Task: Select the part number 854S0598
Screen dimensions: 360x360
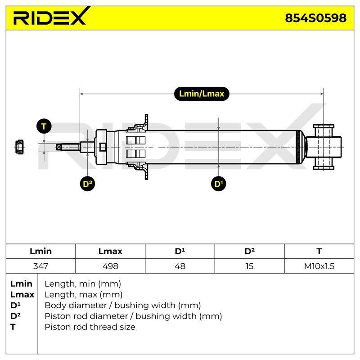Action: (x=316, y=18)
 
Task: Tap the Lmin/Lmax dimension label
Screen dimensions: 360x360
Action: (x=202, y=94)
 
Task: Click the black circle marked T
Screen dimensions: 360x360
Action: (x=44, y=126)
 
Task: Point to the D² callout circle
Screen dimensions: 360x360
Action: (x=87, y=184)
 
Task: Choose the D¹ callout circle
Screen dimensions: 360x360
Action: (x=219, y=184)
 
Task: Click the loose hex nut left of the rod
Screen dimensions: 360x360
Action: (x=19, y=147)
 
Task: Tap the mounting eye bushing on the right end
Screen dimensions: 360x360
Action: (x=324, y=147)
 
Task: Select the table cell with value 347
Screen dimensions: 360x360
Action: (x=40, y=266)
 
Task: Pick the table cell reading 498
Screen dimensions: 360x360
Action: (x=110, y=266)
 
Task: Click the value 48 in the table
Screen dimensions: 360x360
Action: (x=180, y=266)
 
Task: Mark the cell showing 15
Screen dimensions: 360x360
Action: (x=250, y=266)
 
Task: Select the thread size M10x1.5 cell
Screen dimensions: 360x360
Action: (x=319, y=266)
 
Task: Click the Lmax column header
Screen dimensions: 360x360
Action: (x=110, y=251)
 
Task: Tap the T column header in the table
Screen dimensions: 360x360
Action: (x=319, y=251)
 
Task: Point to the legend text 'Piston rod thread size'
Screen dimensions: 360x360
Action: (x=90, y=327)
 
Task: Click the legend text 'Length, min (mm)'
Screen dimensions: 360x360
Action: (x=83, y=284)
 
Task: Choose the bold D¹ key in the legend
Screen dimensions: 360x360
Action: (x=15, y=305)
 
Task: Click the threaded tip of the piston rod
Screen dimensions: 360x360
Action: (x=68, y=147)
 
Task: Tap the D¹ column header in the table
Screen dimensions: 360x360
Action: (x=180, y=251)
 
